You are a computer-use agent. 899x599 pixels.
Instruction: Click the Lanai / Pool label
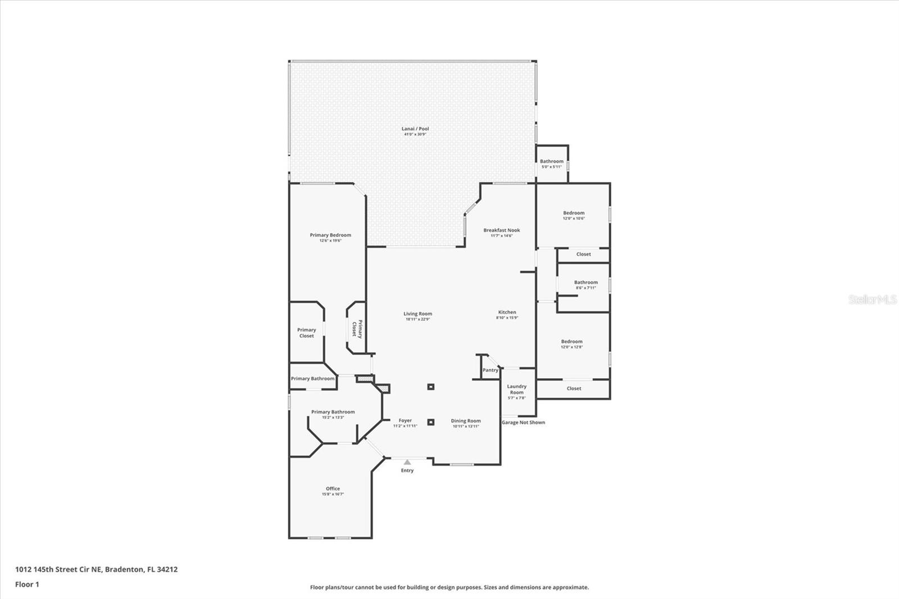(x=416, y=129)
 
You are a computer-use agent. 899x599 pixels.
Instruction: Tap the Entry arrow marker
(x=407, y=462)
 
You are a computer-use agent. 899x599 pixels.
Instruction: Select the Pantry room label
(x=490, y=370)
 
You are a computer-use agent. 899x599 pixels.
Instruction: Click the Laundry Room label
(x=516, y=389)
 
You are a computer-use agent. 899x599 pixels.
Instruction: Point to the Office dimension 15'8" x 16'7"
(x=333, y=494)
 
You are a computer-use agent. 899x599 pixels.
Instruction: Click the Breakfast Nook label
(x=501, y=230)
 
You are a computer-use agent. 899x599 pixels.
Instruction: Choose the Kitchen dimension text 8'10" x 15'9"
(x=507, y=318)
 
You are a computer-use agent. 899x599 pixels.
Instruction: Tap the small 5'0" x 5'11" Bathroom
(x=551, y=164)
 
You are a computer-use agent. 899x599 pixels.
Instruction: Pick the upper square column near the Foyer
(x=431, y=387)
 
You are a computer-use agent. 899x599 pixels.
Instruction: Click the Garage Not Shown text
(x=523, y=423)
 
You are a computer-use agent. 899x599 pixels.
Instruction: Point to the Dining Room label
(x=466, y=421)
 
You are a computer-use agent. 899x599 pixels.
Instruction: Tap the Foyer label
(x=405, y=420)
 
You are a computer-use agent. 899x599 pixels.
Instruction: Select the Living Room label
(x=417, y=314)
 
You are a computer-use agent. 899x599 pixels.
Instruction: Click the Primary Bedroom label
(x=330, y=235)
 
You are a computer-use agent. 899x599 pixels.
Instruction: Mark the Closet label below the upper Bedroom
(x=583, y=255)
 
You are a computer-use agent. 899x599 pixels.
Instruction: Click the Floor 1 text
(x=27, y=584)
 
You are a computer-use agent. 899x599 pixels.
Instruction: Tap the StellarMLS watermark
(x=873, y=300)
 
